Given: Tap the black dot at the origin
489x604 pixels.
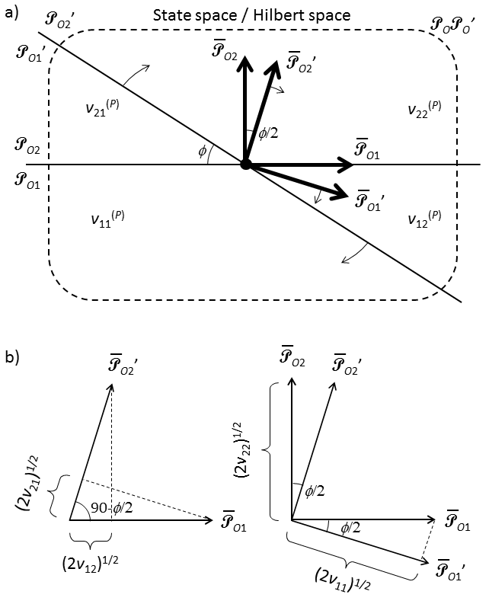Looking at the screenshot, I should (245, 164).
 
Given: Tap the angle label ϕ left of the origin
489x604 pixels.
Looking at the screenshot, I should (201, 151).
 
